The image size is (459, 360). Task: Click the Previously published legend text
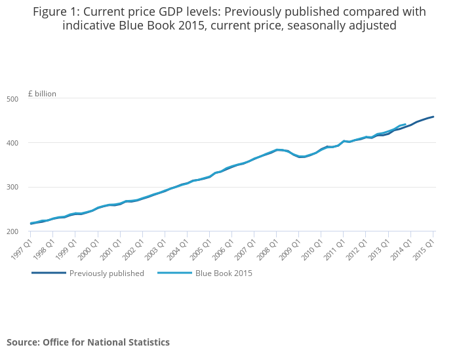tap(107, 273)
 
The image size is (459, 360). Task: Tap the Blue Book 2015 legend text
tap(224, 273)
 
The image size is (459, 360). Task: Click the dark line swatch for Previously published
tap(49, 273)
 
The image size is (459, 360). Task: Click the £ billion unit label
tap(42, 94)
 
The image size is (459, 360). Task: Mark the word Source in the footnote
tap(22, 342)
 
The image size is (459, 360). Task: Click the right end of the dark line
tap(433, 117)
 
